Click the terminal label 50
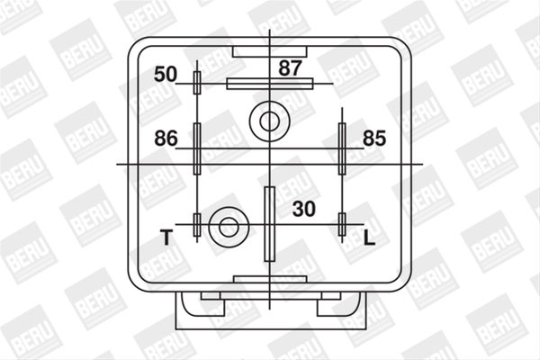[x=166, y=75]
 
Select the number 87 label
[x=291, y=68]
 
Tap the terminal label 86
[x=166, y=139]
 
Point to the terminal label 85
[x=374, y=139]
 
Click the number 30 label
[x=304, y=209]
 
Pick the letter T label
[x=166, y=238]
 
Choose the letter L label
[x=369, y=238]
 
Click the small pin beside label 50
[x=197, y=83]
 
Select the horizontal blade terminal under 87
[x=270, y=84]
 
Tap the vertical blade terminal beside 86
[x=197, y=148]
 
